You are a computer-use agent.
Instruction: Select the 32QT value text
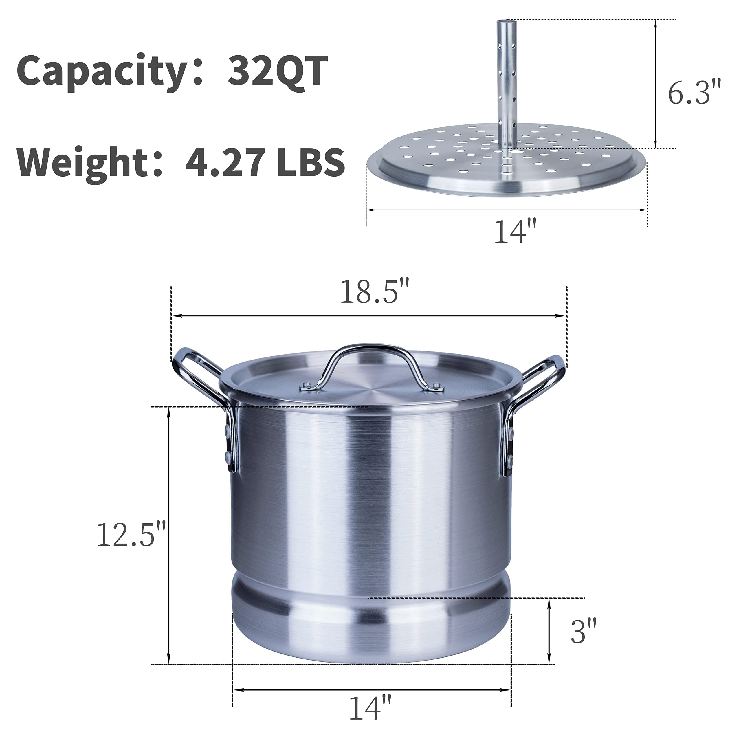pyautogui.click(x=277, y=71)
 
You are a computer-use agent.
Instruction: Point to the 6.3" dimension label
pyautogui.click(x=694, y=93)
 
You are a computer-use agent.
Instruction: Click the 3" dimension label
pyautogui.click(x=583, y=631)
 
